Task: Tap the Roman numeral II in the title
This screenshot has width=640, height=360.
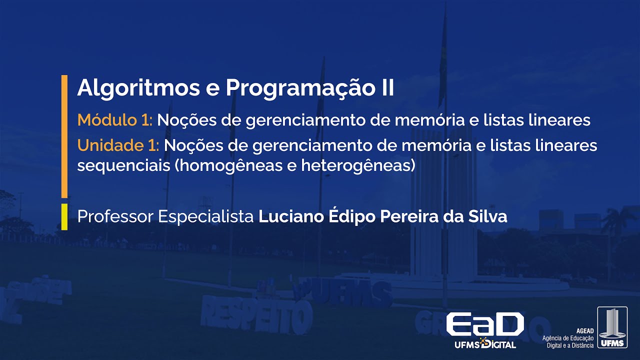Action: pyautogui.click(x=384, y=88)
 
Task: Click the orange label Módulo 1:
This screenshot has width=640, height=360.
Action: pyautogui.click(x=115, y=120)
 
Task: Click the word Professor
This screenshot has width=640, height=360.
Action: pyautogui.click(x=115, y=217)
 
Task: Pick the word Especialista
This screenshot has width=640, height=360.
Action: pyautogui.click(x=206, y=217)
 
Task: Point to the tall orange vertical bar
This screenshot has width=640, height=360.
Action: pyautogui.click(x=64, y=136)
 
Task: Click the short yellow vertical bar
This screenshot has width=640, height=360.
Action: pyautogui.click(x=64, y=216)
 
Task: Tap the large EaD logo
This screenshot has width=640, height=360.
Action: pyautogui.click(x=484, y=325)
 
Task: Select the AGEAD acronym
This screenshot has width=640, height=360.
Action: pyautogui.click(x=584, y=331)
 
